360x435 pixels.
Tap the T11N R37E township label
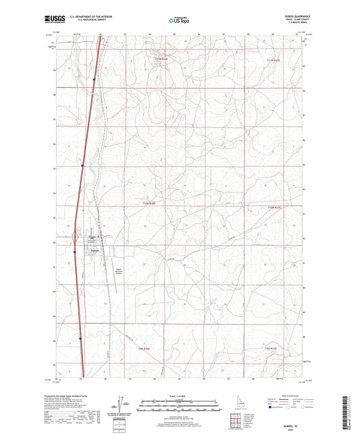tap(277, 61)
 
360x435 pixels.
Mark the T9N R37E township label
tap(273, 348)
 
